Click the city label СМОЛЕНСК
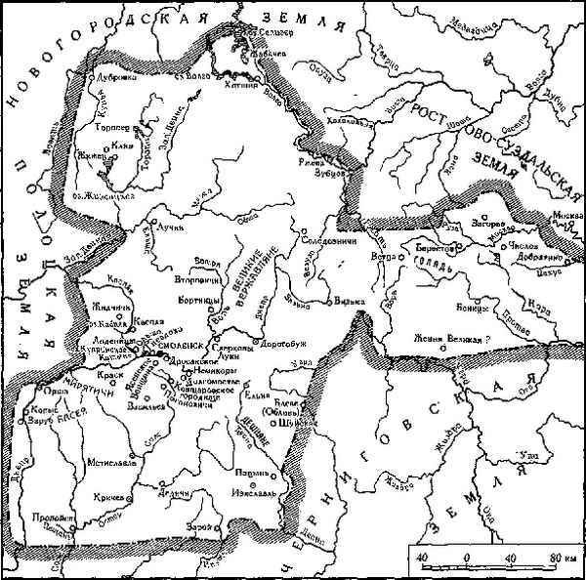coord(174,347)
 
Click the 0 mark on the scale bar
coord(467,557)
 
